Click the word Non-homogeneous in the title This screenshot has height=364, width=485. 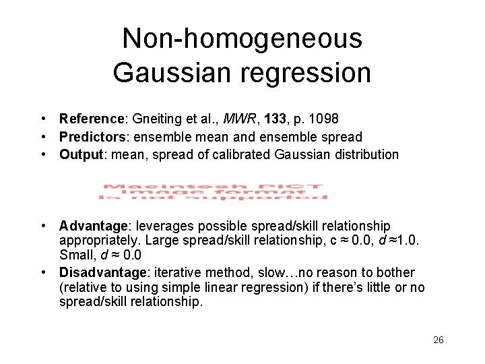tap(242, 38)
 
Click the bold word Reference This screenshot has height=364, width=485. tap(89, 119)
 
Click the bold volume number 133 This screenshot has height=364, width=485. tap(276, 119)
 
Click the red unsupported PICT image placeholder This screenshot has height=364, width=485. tap(213, 191)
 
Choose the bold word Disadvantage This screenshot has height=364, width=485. tap(102, 272)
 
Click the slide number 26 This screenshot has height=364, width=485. tap(438, 340)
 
